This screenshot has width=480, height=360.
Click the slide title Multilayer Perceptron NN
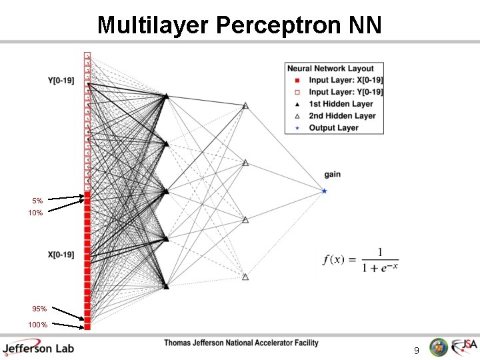[x=239, y=25]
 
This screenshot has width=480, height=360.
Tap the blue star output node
[x=324, y=191]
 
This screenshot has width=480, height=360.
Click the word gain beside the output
[x=332, y=175]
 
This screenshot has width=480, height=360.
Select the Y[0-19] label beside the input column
[x=61, y=81]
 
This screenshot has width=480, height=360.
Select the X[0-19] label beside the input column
[x=61, y=254]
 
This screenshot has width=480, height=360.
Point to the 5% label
[x=37, y=201]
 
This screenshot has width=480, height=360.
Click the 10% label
[x=35, y=213]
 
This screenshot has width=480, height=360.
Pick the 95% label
[x=39, y=309]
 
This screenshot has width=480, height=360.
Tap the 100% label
[x=37, y=325]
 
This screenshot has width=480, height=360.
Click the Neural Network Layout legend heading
[x=331, y=68]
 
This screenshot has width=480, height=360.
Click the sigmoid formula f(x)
[x=360, y=260]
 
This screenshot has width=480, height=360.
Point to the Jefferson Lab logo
[x=38, y=347]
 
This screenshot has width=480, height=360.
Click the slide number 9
[x=416, y=350]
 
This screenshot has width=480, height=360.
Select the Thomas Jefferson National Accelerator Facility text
[x=241, y=343]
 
